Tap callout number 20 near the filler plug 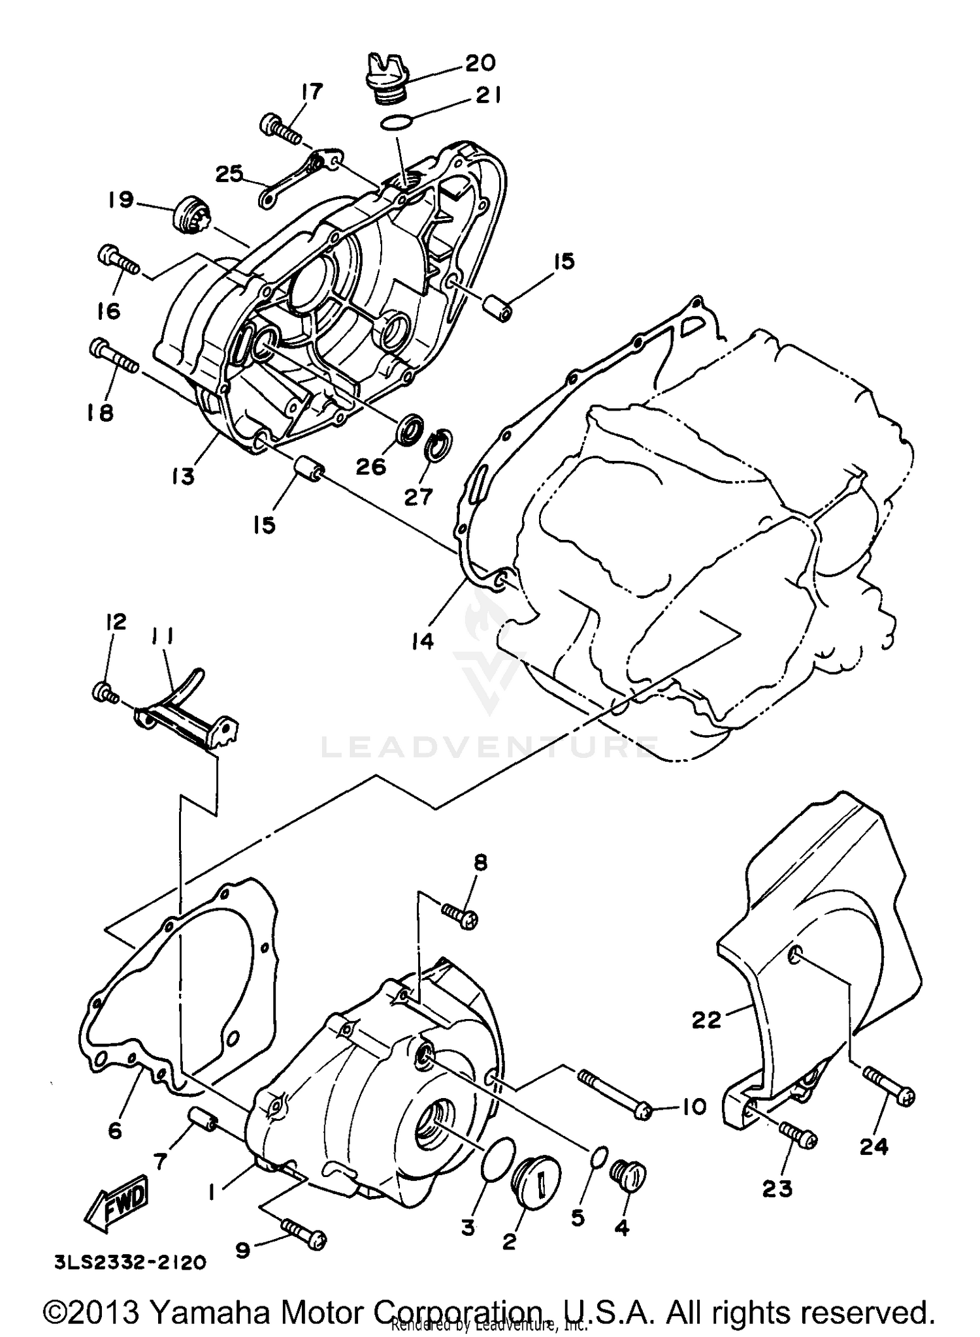click(480, 63)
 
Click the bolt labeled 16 click(118, 260)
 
